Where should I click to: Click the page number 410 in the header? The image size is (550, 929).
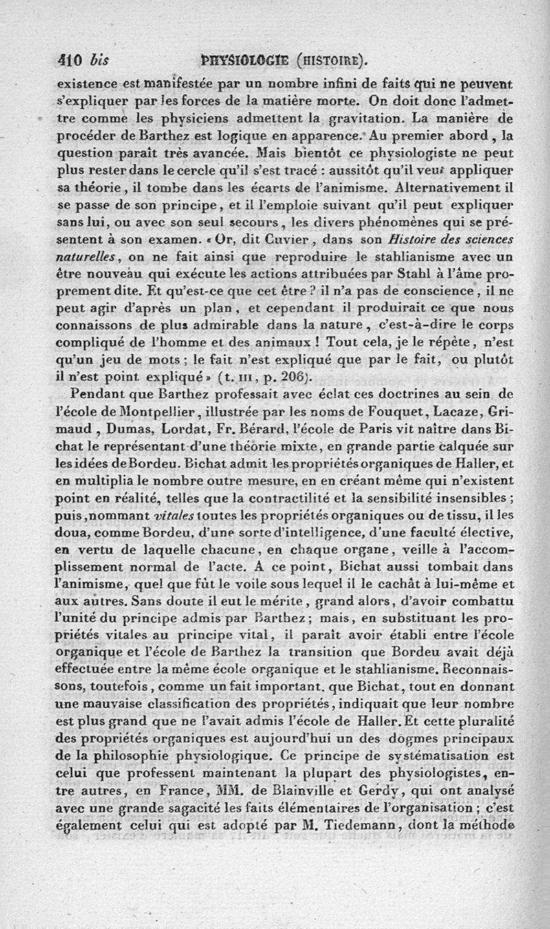[x=70, y=61]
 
